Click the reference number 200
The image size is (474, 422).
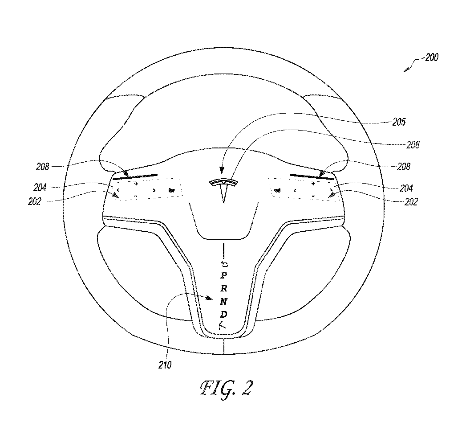point(432,57)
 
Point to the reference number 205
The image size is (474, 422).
point(399,122)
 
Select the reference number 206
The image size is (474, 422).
point(413,145)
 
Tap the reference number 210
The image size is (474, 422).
point(165,365)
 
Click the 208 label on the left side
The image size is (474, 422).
point(43,167)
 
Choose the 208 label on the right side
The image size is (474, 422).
point(404,167)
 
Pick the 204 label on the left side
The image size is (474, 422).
point(40,188)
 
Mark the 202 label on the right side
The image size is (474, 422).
point(411,201)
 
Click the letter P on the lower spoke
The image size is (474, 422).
point(224,275)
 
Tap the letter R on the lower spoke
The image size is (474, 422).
point(224,288)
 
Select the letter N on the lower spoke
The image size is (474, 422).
point(224,302)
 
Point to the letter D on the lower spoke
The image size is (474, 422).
point(224,314)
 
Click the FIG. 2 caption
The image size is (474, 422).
point(226,389)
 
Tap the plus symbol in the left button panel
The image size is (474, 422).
point(136,184)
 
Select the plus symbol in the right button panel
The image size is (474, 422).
point(313,184)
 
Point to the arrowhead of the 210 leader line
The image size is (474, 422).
point(209,298)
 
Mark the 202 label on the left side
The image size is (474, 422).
point(34,201)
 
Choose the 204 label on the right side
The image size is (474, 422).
point(406,188)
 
